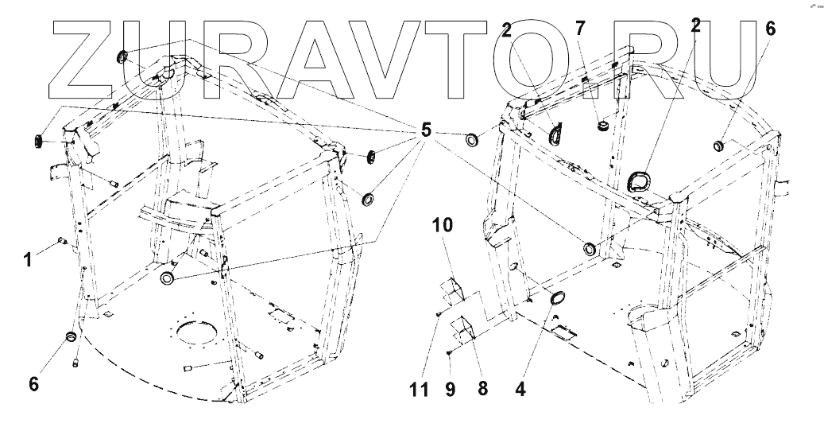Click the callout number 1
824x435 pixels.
click(x=28, y=259)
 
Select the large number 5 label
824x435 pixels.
click(x=427, y=130)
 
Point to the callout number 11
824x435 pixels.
click(x=420, y=389)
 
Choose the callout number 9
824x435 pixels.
click(x=451, y=389)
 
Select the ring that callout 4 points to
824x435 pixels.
click(x=557, y=300)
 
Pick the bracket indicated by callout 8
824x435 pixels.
click(x=464, y=328)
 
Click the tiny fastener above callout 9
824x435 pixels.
click(x=450, y=352)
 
